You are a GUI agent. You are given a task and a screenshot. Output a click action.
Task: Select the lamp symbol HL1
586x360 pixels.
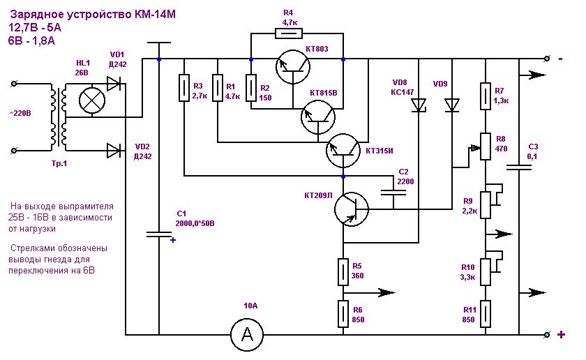pyautogui.click(x=92, y=100)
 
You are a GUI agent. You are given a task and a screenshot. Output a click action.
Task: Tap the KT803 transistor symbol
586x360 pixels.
pyautogui.click(x=293, y=66)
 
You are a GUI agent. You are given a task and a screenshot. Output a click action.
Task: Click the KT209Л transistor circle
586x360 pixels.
pyautogui.click(x=352, y=209)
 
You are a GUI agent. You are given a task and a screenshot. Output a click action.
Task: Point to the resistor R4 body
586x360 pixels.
pyautogui.click(x=289, y=33)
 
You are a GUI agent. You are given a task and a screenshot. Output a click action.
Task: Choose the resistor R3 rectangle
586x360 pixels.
pyautogui.click(x=184, y=88)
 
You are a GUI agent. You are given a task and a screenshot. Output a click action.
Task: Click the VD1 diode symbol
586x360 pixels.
pyautogui.click(x=113, y=84)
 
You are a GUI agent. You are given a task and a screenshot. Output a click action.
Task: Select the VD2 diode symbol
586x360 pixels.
pyautogui.click(x=113, y=151)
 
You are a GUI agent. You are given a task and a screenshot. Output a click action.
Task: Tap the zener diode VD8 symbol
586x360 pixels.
pyautogui.click(x=419, y=105)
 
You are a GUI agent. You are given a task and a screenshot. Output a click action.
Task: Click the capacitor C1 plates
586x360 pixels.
pyautogui.click(x=158, y=234)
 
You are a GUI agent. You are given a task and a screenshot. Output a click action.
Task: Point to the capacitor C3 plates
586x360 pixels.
pyautogui.click(x=519, y=167)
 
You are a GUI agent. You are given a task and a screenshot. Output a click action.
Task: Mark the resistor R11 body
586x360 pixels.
pyautogui.click(x=485, y=314)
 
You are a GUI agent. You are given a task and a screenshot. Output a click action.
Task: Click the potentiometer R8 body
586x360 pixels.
pyautogui.click(x=485, y=147)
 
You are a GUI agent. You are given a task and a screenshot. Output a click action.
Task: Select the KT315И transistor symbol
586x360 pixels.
pyautogui.click(x=343, y=151)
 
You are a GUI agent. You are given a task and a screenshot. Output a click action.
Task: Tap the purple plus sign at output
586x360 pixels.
pyautogui.click(x=561, y=335)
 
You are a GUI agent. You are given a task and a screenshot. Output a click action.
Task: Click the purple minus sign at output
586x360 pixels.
pyautogui.click(x=561, y=59)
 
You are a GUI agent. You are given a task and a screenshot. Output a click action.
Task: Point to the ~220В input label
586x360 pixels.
pyautogui.click(x=20, y=113)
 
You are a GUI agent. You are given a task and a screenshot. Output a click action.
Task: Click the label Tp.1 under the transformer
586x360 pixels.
pyautogui.click(x=59, y=163)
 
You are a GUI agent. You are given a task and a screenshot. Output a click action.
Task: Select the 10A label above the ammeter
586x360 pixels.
pyautogui.click(x=250, y=306)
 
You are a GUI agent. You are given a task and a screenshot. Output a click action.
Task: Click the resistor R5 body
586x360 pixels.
pyautogui.click(x=343, y=272)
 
